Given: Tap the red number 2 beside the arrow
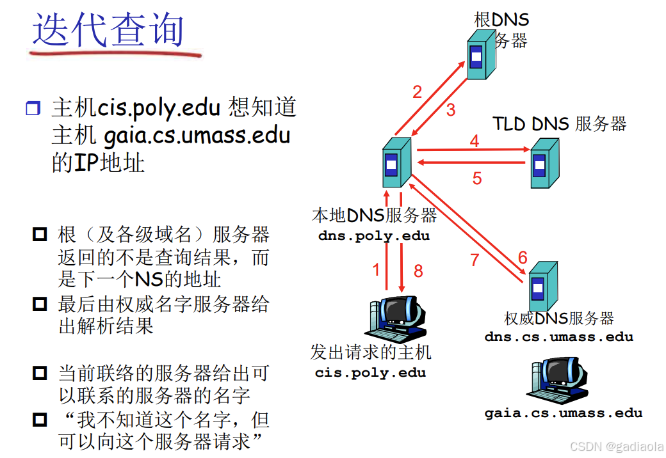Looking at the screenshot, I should coord(418,92).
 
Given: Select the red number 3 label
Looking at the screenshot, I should coord(451,109).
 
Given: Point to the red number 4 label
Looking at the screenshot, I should coord(475,141).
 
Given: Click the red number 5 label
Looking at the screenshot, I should coord(477,178).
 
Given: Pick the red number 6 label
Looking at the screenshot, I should coord(523,258).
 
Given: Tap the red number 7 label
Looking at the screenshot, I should coord(475,260).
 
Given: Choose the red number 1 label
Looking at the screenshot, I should coord(377,270).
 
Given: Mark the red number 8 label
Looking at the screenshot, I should coord(418,271).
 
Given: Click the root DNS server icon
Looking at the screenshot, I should coord(480,56).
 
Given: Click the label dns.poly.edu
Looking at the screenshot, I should coord(374,236).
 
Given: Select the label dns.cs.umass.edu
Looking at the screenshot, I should coord(558,336).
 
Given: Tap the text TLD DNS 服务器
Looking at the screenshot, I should coord(559,123).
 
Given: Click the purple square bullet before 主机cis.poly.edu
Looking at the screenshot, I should coord(33,108).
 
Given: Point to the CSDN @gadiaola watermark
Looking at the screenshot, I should coord(616,446).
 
